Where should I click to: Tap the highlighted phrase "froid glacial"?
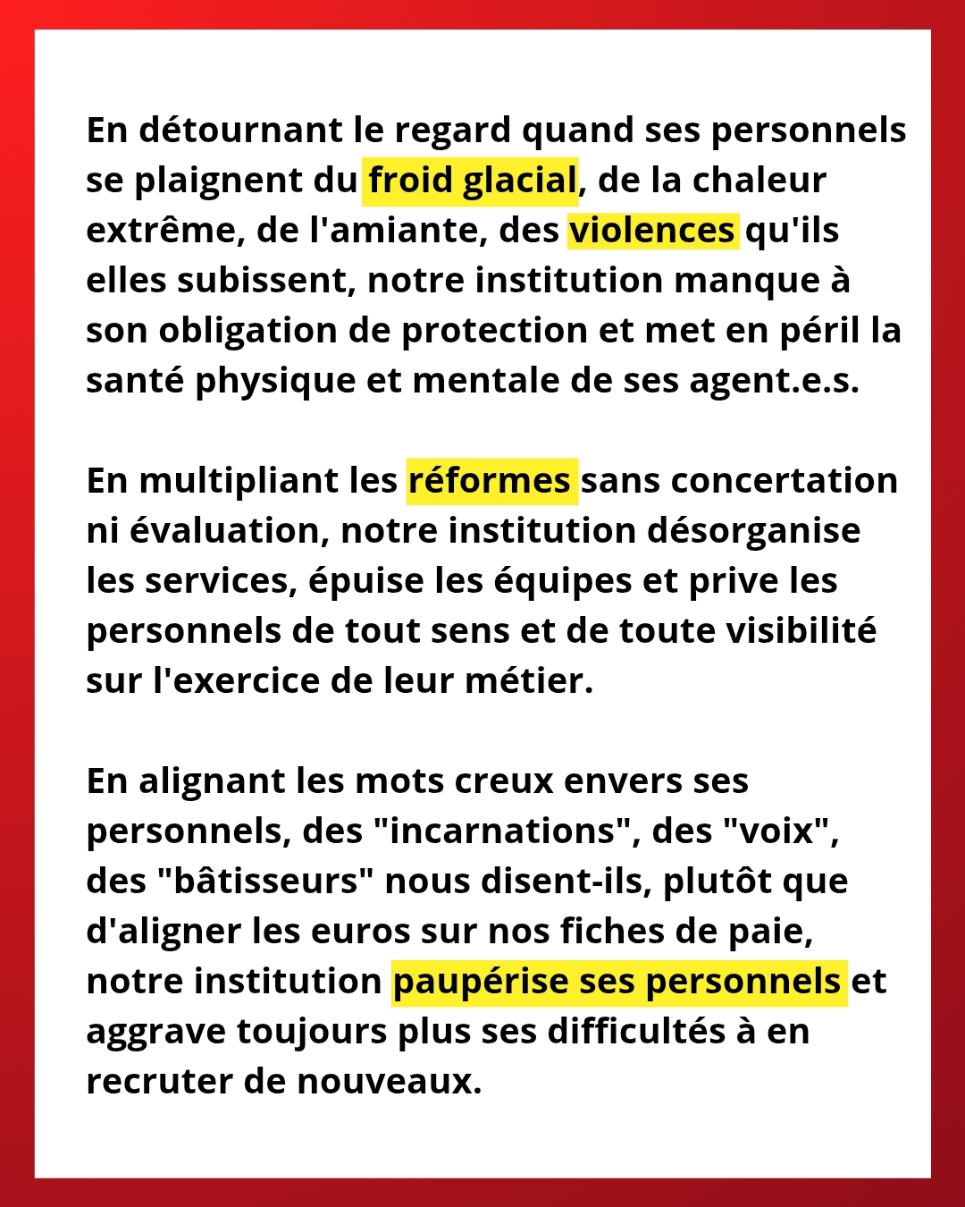click(471, 181)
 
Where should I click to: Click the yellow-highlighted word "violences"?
click(652, 231)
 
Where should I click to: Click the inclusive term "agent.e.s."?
click(774, 381)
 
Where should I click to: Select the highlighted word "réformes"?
click(490, 481)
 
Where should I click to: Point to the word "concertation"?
click(784, 481)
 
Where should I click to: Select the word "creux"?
click(505, 781)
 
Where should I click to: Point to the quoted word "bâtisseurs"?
click(265, 882)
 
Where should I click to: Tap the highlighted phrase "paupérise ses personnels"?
click(618, 982)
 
